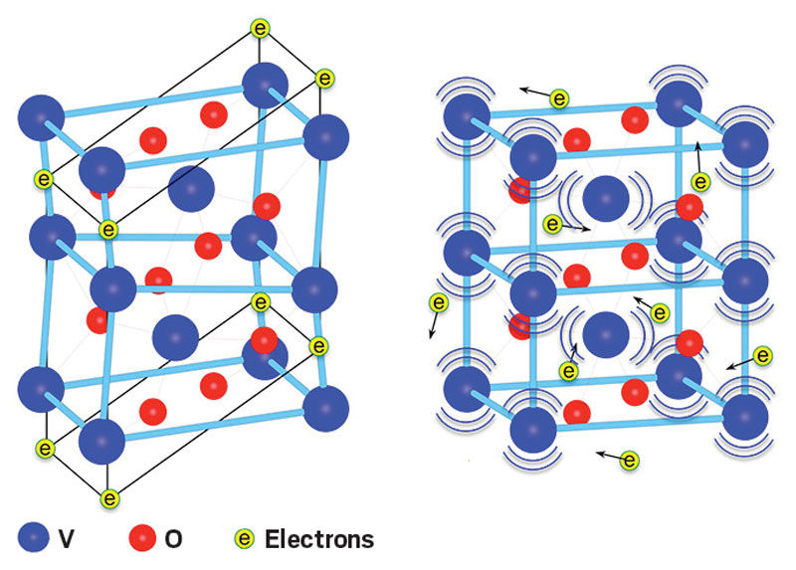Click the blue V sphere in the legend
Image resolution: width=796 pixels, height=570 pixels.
38,539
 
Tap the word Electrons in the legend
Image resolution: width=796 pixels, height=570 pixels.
319,539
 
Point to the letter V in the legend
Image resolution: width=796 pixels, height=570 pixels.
66,539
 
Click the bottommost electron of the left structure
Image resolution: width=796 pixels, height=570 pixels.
109,497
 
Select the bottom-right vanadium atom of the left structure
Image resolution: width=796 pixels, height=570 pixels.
326,409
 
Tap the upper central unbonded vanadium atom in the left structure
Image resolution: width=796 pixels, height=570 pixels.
190,188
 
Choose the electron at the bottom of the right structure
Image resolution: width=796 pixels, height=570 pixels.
629,460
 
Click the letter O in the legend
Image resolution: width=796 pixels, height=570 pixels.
173,539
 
